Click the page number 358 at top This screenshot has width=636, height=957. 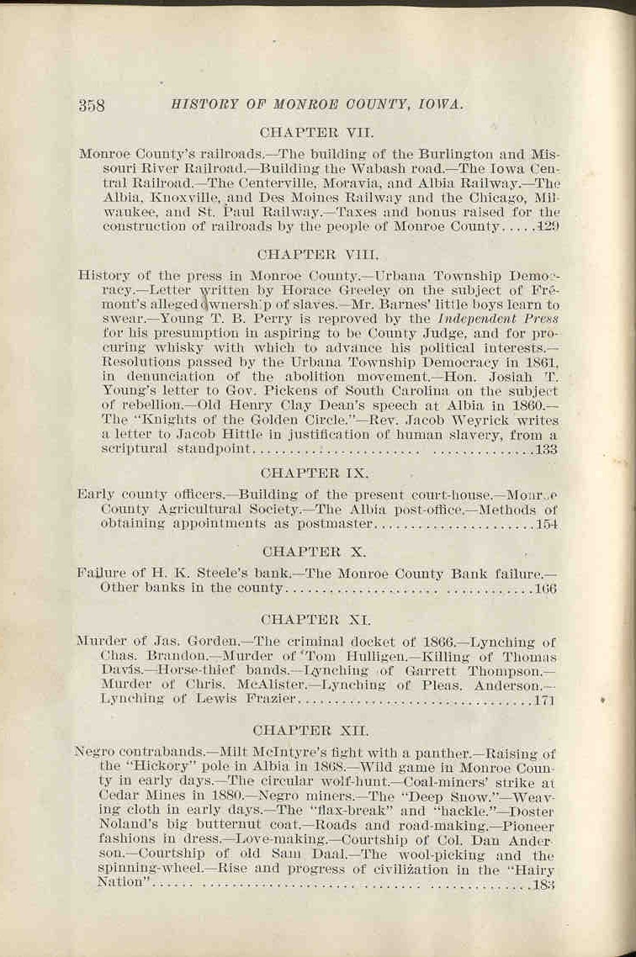(91, 105)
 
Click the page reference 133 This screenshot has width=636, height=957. (546, 450)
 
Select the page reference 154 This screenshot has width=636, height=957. (546, 525)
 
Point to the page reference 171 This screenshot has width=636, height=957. (545, 699)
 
